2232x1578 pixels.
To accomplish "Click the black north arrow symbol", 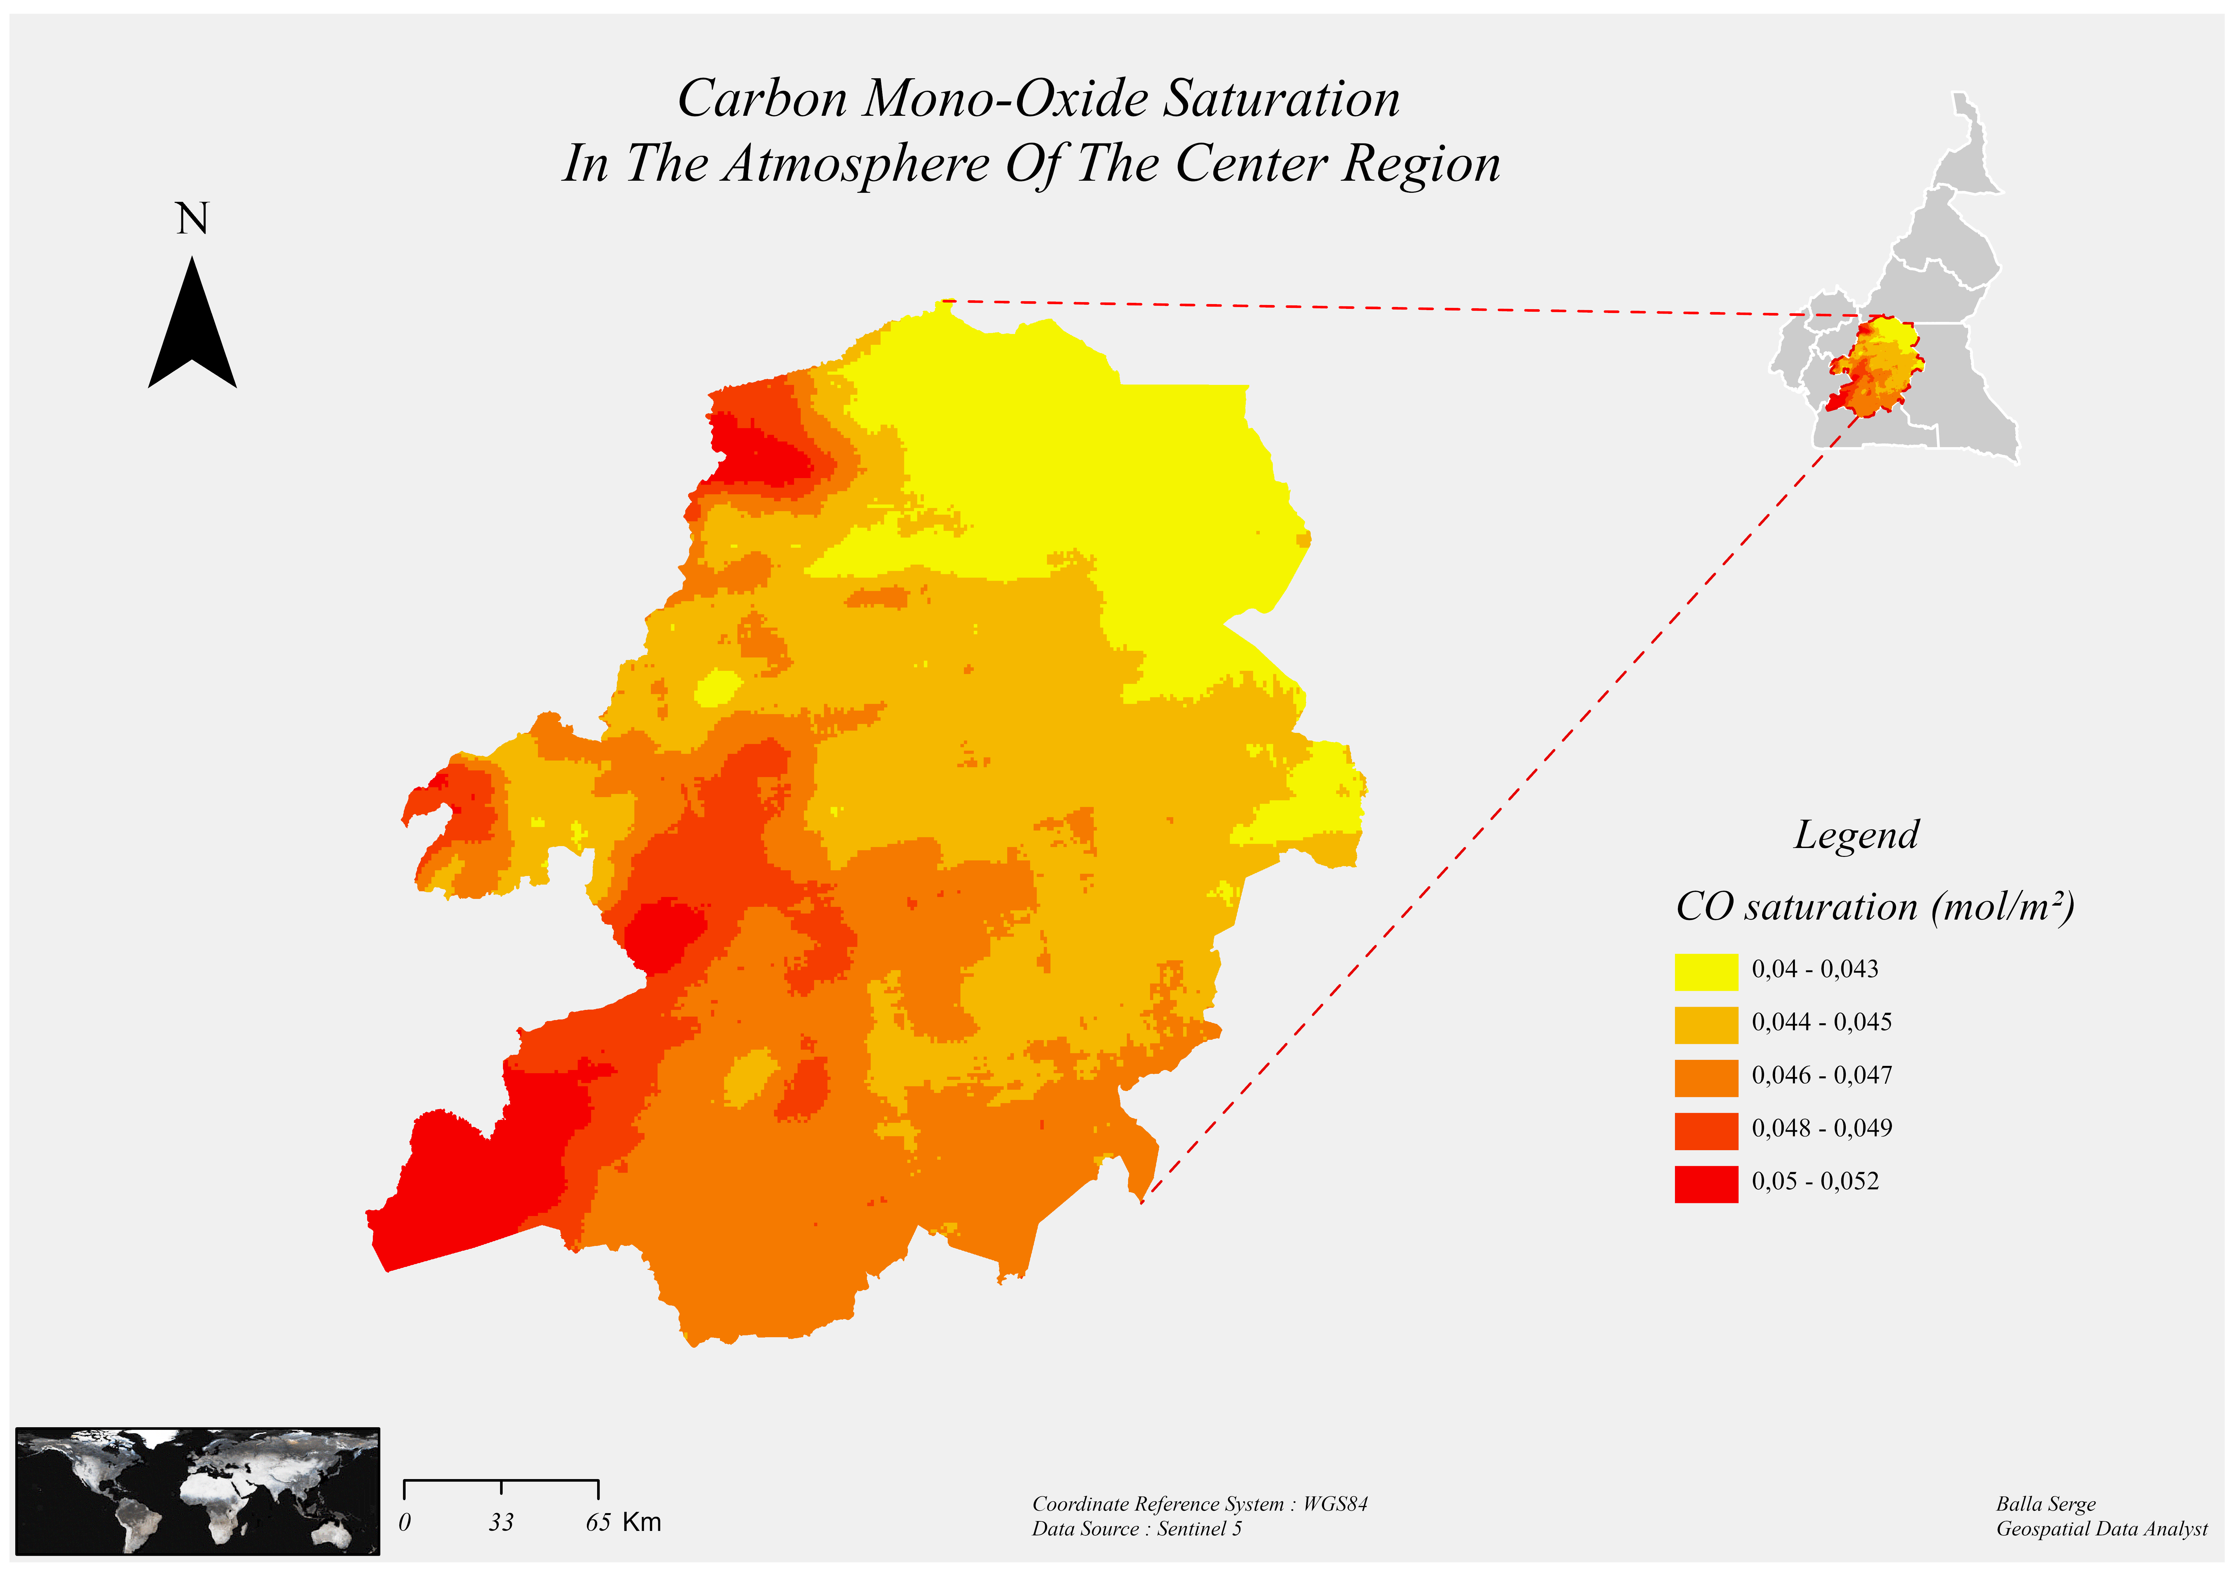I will (192, 326).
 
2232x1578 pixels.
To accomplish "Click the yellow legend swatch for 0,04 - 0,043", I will (1705, 971).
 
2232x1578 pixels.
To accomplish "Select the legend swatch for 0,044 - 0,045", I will (1705, 1025).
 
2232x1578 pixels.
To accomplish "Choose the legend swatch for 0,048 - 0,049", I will (1705, 1131).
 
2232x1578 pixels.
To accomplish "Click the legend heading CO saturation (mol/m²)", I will (1874, 907).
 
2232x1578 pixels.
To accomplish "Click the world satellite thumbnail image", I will (197, 1491).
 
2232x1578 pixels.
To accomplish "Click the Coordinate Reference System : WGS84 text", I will (1200, 1504).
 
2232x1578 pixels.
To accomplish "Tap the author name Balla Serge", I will (2045, 1504).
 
